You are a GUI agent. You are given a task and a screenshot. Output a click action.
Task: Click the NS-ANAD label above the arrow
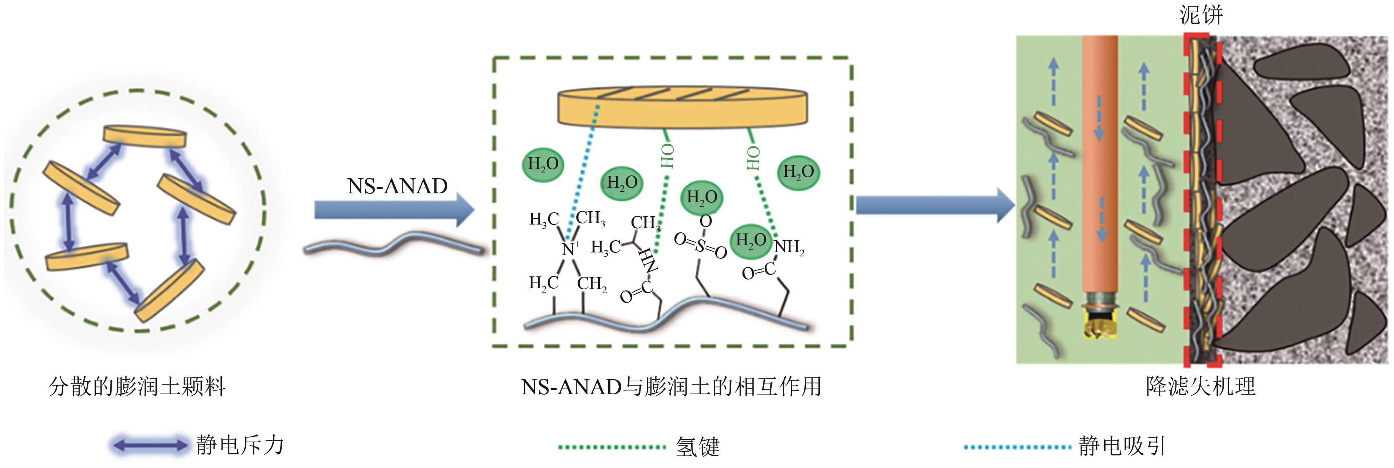coord(397,186)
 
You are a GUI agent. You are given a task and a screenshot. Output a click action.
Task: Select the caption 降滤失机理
coord(1200,387)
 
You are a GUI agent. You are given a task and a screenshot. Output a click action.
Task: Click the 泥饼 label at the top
coord(1201,15)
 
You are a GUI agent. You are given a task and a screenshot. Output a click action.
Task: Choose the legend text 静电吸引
coord(1121,446)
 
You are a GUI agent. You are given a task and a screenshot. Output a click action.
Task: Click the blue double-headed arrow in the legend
coord(150,446)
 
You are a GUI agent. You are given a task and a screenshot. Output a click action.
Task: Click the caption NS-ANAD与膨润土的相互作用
coord(671,387)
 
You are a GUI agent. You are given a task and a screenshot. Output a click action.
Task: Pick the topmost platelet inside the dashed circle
coord(145,136)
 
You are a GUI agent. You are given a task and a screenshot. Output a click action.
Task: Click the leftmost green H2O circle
coord(543,164)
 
